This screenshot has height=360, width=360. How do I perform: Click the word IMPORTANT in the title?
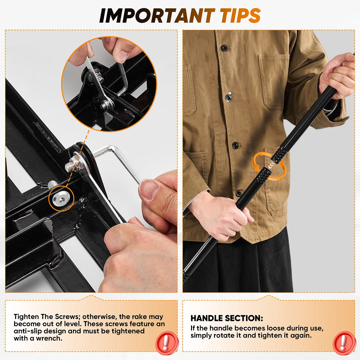coord(157,15)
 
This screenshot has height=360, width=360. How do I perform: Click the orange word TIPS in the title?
coord(240,15)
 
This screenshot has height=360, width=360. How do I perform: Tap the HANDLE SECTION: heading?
coord(227,318)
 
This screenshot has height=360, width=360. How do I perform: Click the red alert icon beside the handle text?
coord(343,343)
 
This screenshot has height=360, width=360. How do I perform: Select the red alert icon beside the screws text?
coord(167,343)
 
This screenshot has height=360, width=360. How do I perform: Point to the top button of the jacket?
coord(224,48)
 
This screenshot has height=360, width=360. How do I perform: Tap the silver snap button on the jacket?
coord(228,98)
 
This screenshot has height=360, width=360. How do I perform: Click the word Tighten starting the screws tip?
coord(26,317)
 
